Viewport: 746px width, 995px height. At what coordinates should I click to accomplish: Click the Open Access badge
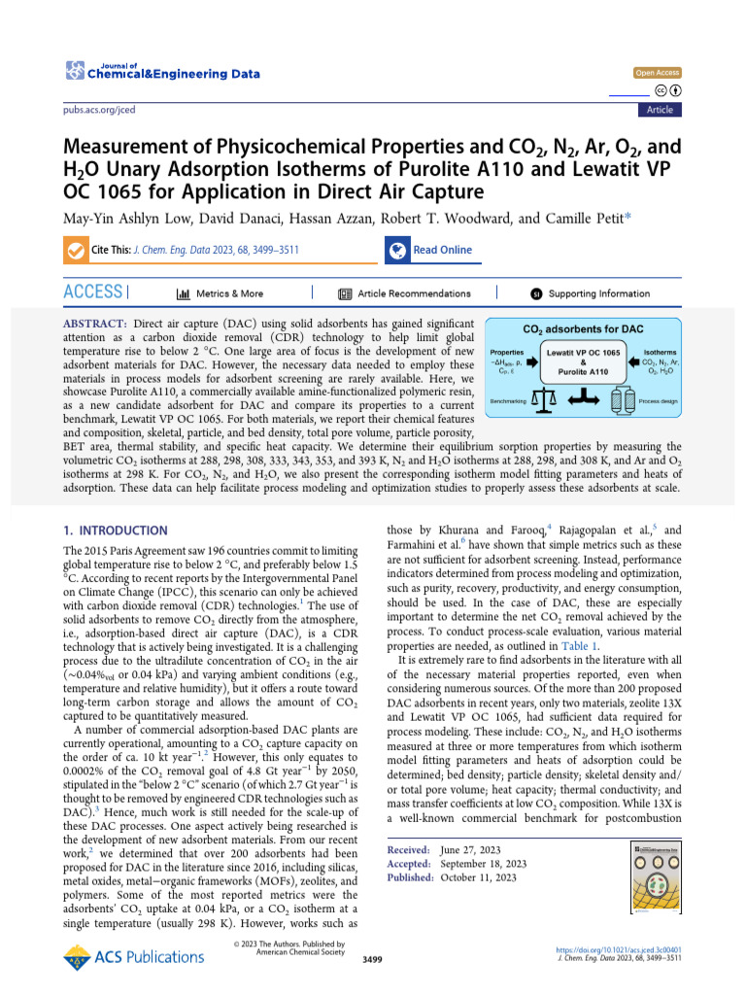point(658,73)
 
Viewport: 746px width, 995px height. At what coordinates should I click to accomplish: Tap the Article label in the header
point(660,110)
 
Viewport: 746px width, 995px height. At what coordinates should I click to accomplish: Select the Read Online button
point(442,250)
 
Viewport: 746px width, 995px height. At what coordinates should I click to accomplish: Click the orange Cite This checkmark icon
point(74,250)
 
